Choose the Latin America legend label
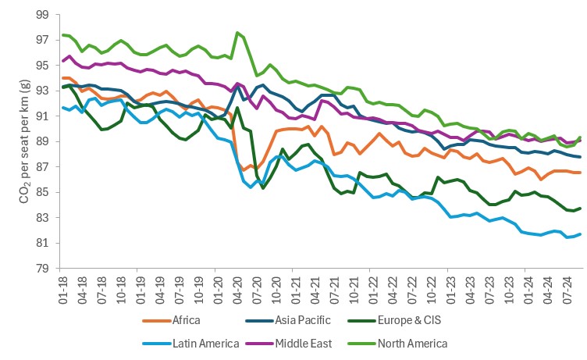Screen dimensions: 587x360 (x=205, y=344)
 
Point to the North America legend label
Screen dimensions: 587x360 (x=413, y=344)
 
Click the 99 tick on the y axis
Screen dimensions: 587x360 (x=42, y=15)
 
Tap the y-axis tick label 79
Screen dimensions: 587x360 (x=42, y=268)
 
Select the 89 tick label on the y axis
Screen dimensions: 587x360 (x=42, y=141)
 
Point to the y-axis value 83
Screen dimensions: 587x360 (x=42, y=218)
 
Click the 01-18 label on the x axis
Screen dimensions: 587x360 (x=63, y=290)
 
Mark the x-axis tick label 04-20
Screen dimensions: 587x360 (x=238, y=290)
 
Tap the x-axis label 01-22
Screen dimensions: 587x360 (x=373, y=290)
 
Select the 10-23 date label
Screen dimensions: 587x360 (x=510, y=290)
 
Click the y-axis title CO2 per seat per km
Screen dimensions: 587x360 (x=24, y=141)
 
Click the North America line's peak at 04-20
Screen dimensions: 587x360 (x=237, y=33)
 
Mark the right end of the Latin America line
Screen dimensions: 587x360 (x=580, y=234)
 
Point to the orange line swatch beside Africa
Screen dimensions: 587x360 (x=156, y=321)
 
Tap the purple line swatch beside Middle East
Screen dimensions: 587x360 (x=259, y=344)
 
